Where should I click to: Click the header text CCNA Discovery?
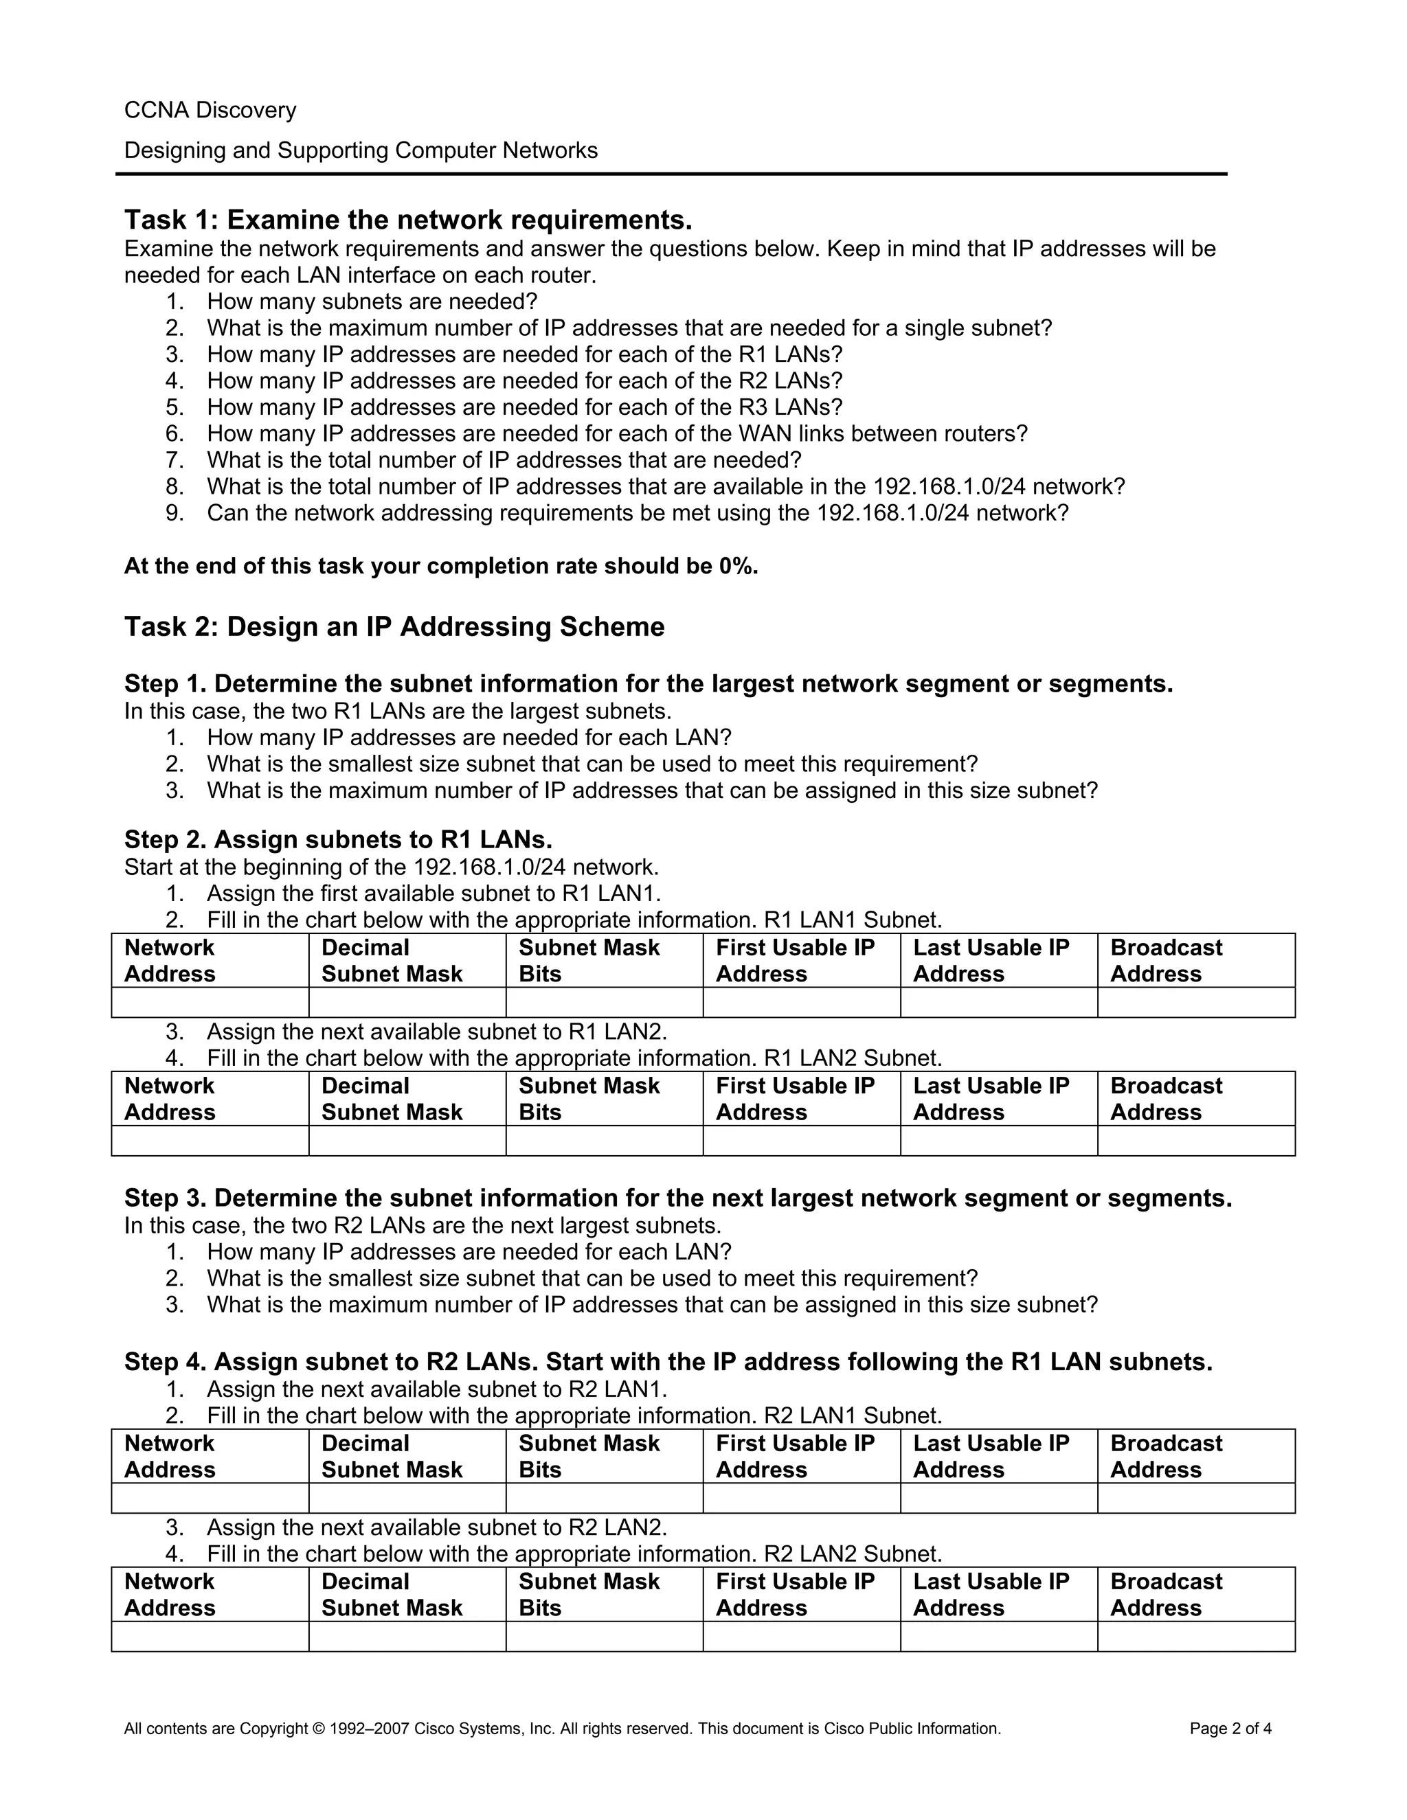click(x=210, y=110)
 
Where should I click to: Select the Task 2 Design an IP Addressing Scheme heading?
click(x=394, y=626)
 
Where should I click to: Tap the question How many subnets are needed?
click(x=372, y=301)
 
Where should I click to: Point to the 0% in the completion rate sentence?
click(x=737, y=567)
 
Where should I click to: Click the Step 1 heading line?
click(x=648, y=684)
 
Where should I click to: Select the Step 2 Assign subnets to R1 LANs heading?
click(x=337, y=839)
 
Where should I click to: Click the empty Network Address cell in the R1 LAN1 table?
click(x=210, y=1003)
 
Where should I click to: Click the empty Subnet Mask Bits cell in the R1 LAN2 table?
click(x=605, y=1141)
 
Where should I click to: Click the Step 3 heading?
click(x=677, y=1198)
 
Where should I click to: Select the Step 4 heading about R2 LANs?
click(x=668, y=1362)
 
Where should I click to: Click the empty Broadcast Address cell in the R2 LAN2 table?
click(x=1195, y=1637)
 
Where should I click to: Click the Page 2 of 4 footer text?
click(x=1230, y=1729)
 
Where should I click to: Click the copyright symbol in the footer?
click(x=317, y=1729)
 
